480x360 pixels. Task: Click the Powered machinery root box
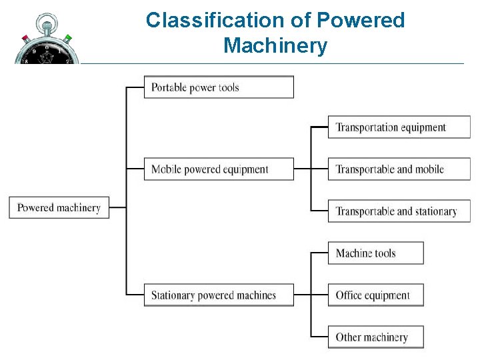[x=59, y=207]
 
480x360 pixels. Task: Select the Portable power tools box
[x=219, y=87]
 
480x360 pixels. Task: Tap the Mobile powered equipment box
[x=219, y=169]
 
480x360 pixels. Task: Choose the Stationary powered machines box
[x=219, y=295]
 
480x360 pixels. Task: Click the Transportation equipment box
[x=399, y=127]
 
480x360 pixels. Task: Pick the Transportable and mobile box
[x=399, y=169]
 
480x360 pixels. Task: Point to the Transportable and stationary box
[x=399, y=211]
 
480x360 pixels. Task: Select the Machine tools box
[x=375, y=253]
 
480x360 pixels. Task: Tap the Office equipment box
[x=375, y=295]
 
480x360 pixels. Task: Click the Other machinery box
[x=375, y=337]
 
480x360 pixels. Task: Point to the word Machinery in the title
[x=275, y=46]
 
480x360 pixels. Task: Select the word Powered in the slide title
[x=361, y=21]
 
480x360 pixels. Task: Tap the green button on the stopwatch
[x=67, y=38]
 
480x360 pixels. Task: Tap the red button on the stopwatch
[x=25, y=38]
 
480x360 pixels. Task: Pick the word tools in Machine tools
[x=385, y=253]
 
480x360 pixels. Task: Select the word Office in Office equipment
[x=350, y=295]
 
